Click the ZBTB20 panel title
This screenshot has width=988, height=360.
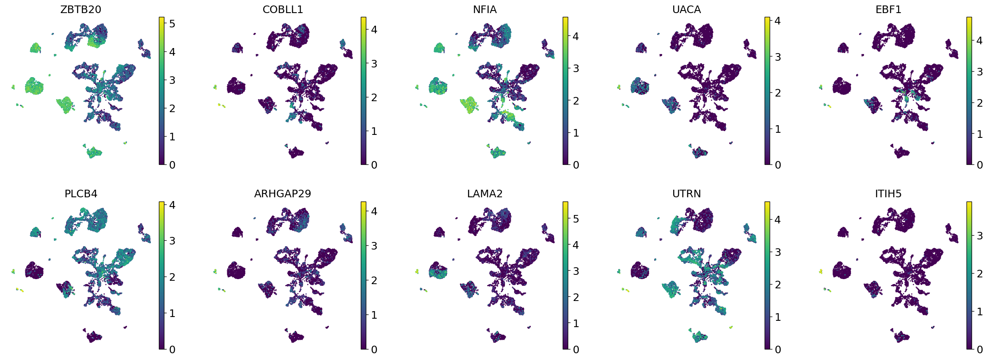click(81, 9)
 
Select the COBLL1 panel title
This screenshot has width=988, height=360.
click(282, 9)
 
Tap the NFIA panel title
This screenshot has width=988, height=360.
click(485, 9)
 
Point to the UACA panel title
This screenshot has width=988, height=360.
click(686, 9)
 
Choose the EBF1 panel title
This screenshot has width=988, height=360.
click(888, 9)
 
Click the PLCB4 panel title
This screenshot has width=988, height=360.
click(81, 193)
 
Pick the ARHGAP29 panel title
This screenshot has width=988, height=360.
click(282, 193)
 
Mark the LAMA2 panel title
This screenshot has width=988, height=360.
click(485, 193)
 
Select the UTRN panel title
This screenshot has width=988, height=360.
click(686, 193)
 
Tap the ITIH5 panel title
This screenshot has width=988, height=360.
click(888, 193)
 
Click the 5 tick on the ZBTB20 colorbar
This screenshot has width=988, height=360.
click(172, 24)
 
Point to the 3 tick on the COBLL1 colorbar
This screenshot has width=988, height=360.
click(374, 64)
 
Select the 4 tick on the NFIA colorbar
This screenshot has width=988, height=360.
click(576, 36)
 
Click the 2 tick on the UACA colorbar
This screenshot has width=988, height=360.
click(778, 93)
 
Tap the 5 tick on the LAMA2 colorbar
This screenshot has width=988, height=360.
click(576, 219)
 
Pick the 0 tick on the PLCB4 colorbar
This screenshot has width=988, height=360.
click(172, 349)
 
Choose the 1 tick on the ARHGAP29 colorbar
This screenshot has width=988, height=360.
click(374, 314)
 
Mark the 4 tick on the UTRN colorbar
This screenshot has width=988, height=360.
click(778, 220)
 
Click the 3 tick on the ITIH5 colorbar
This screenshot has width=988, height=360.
click(980, 236)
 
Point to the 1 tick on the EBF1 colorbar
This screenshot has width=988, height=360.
click(980, 134)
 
